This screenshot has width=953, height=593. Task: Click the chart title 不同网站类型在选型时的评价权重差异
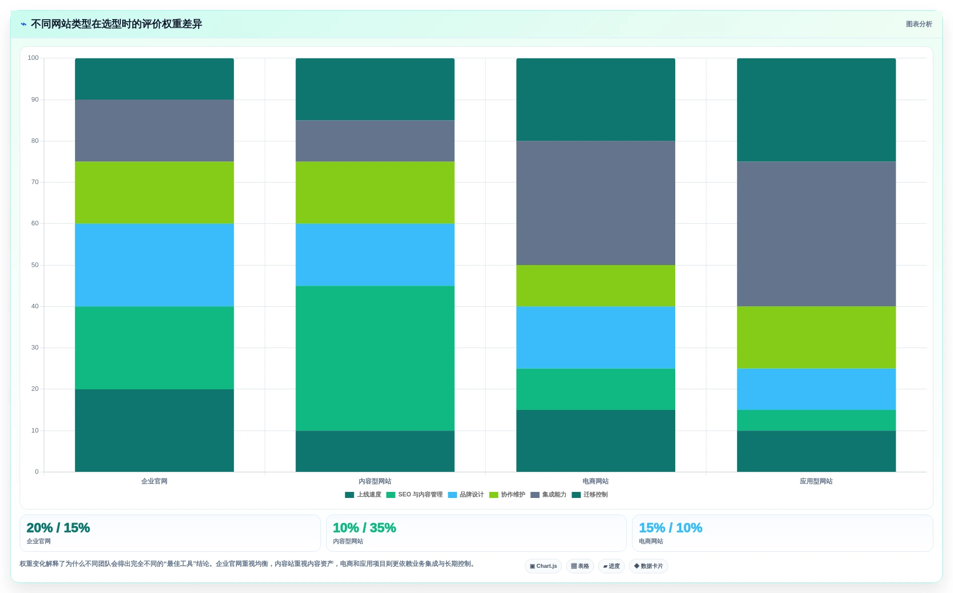coord(116,24)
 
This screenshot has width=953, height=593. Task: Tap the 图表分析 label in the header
coord(919,24)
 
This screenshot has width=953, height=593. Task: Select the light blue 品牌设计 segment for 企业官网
coord(154,265)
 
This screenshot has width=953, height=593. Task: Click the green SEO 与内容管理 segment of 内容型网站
coord(375,358)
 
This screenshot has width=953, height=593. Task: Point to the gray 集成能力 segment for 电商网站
coord(596,203)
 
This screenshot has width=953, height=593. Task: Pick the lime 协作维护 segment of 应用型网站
coord(816,337)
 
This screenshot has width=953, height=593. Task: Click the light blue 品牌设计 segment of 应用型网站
coord(816,389)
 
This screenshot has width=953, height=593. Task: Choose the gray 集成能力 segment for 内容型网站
coord(375,141)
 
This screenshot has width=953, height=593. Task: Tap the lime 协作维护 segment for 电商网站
coord(596,286)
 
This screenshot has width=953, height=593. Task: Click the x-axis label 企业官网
coord(154,481)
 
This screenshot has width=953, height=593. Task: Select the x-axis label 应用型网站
coord(816,481)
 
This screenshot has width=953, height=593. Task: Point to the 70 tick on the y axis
coord(35,182)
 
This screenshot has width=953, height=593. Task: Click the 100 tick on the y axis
coord(33,58)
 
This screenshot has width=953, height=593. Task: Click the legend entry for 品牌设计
coord(466,495)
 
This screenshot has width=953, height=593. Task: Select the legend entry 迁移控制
coord(590,495)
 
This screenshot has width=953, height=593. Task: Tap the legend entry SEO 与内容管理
coord(415,495)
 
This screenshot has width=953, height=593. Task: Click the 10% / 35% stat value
coord(364,528)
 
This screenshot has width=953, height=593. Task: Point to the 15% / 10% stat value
coord(671,528)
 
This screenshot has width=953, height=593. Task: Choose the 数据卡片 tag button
coord(649,566)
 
